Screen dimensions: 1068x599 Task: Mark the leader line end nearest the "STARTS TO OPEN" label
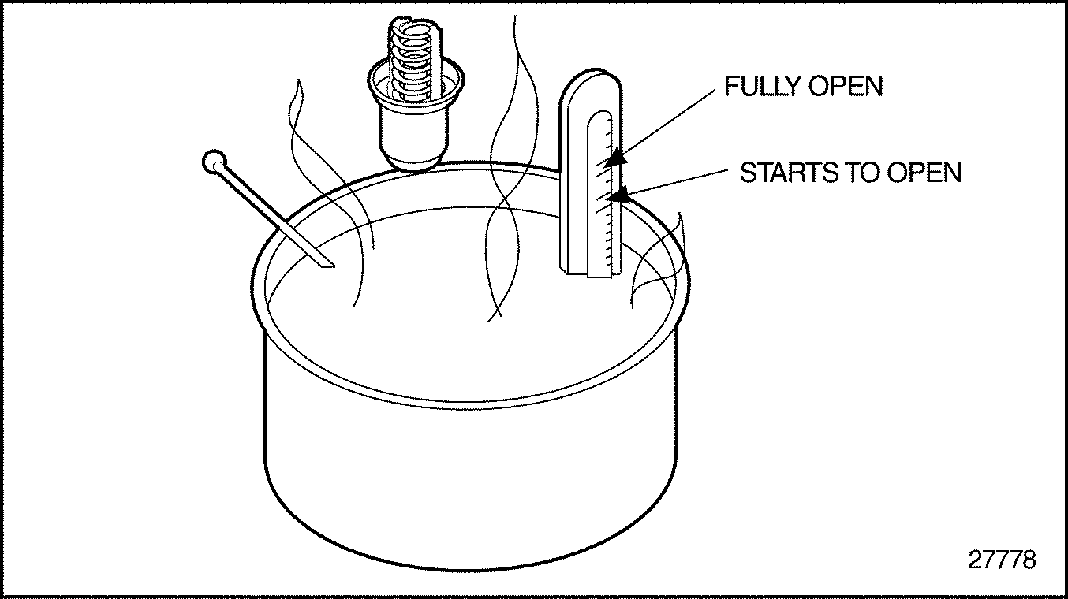click(727, 170)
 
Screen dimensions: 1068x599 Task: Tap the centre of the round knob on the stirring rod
click(214, 162)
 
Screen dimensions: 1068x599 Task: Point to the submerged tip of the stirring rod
click(334, 266)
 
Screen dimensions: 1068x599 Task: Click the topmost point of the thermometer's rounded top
click(590, 69)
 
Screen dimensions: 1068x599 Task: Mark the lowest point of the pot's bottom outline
click(469, 571)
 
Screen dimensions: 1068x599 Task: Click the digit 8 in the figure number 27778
click(1029, 560)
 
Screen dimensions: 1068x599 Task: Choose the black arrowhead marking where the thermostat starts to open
click(621, 193)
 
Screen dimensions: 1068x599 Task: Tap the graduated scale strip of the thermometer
click(599, 195)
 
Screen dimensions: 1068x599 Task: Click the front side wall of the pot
click(470, 477)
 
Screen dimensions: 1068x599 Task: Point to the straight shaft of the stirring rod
click(273, 214)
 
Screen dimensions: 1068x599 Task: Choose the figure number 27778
click(1003, 560)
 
